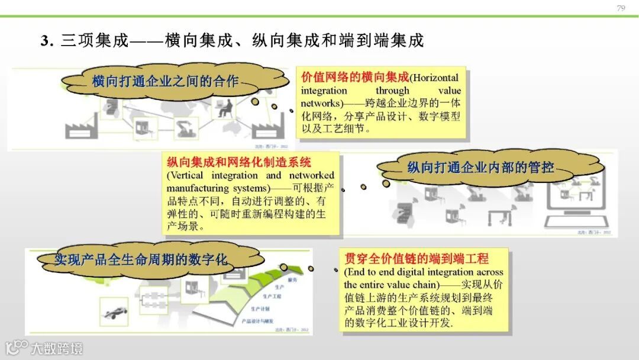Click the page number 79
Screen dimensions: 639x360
pos(621,8)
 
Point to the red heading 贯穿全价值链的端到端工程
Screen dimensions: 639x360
pos(417,259)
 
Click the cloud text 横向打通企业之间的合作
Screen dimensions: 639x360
pos(165,81)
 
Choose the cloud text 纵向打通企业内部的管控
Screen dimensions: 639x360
pos(480,168)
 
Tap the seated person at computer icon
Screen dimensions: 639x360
pos(225,108)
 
